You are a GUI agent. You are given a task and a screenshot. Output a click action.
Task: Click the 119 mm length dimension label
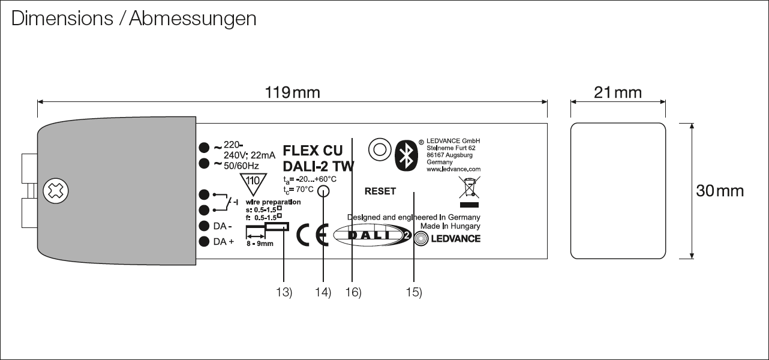293,92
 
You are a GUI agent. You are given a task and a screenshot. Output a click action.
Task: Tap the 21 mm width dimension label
617,92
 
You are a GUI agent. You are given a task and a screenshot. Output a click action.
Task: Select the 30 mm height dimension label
719,191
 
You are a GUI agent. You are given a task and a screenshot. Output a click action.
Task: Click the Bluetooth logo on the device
405,154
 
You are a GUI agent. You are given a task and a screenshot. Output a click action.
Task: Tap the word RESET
380,191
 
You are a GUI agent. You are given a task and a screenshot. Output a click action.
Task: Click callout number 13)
284,292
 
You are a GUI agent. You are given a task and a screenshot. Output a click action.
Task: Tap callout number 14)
323,292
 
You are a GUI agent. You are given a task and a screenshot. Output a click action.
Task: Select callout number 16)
353,292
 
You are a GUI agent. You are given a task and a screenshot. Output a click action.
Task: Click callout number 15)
414,292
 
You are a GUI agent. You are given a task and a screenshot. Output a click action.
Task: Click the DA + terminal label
224,242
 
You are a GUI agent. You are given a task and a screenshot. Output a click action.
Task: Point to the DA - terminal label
223,226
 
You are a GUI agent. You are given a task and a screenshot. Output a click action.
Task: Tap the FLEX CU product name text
313,150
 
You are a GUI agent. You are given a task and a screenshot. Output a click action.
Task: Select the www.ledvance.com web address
453,170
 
